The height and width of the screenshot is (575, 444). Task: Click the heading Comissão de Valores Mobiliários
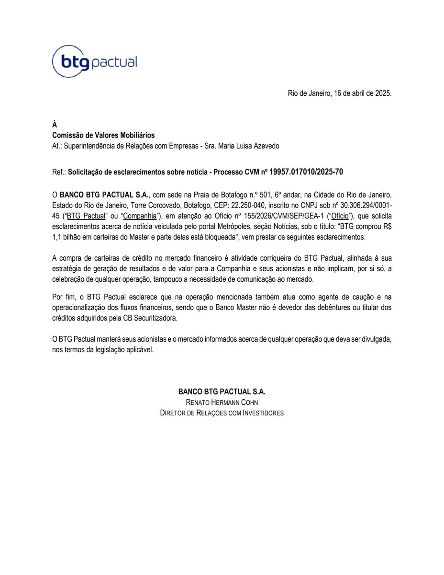coord(103,136)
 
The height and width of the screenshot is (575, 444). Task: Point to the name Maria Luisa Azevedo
coord(248,146)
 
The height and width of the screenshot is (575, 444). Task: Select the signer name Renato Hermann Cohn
coord(222,402)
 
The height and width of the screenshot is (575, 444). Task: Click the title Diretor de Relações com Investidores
coord(222,413)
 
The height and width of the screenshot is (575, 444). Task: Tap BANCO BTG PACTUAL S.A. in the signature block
coord(222,391)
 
